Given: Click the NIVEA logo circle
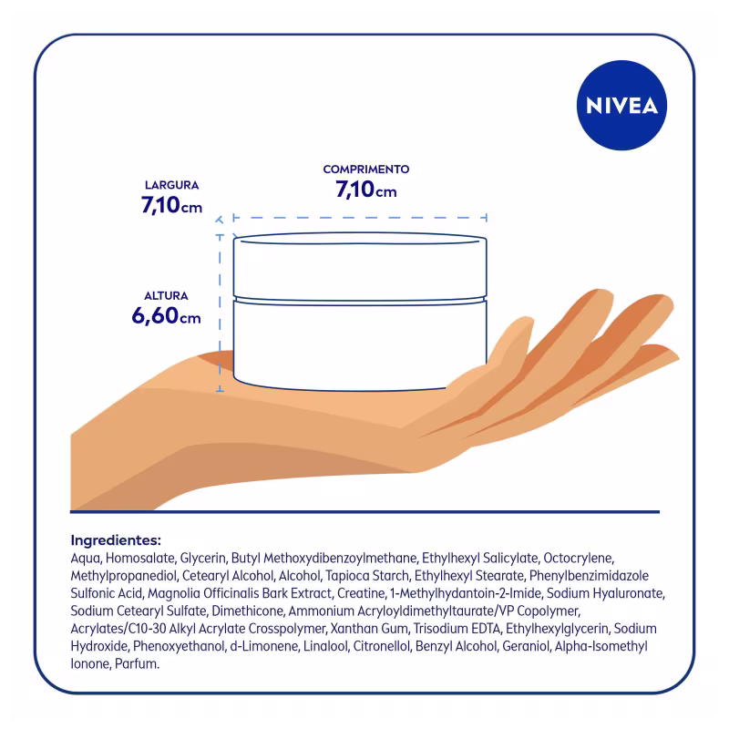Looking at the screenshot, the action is click(621, 105).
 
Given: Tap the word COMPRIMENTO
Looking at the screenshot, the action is click(366, 169).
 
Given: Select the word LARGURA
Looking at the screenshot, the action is click(171, 185).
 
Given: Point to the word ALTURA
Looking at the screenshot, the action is click(166, 295).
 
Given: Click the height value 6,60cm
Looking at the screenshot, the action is click(166, 315).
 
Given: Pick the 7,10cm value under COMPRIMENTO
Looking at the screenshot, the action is click(366, 190).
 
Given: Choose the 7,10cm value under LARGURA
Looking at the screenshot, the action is click(171, 205).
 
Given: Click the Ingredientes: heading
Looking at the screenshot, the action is click(116, 540).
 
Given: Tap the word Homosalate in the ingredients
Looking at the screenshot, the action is click(140, 558).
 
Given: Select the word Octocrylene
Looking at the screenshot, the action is click(579, 558).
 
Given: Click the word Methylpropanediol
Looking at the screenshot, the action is click(124, 576).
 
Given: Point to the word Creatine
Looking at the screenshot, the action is click(361, 593).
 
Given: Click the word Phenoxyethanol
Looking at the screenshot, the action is click(179, 646).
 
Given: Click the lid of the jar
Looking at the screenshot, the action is click(360, 266).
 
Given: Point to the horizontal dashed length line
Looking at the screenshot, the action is click(360, 217).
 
